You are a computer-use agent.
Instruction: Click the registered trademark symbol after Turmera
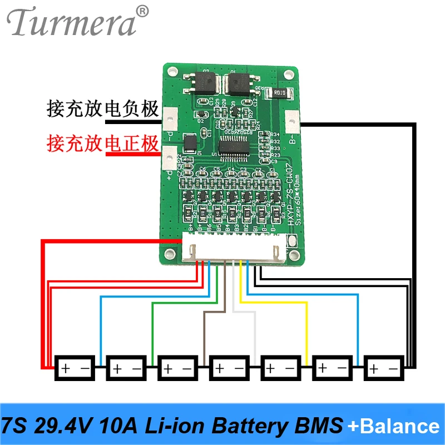coord(143,11)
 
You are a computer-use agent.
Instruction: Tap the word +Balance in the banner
coord(393,427)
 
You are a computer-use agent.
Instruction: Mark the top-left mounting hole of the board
coord(173,72)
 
